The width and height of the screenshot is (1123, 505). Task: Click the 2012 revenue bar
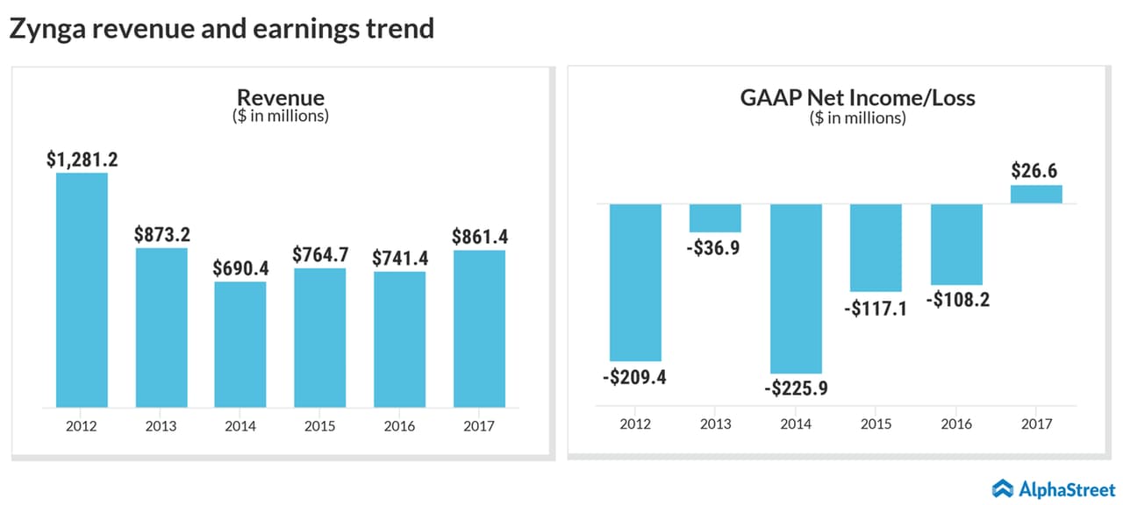(x=82, y=290)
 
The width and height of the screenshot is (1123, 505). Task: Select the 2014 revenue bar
(x=240, y=345)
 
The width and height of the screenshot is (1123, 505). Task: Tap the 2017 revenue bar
(x=479, y=329)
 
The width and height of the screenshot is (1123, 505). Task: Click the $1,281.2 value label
(x=82, y=160)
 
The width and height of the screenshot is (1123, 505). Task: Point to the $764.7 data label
(x=320, y=255)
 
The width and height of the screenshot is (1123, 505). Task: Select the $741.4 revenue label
(x=400, y=258)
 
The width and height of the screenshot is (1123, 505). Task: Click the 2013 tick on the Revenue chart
(x=161, y=426)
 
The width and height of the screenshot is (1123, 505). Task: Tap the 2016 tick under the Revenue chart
(x=400, y=426)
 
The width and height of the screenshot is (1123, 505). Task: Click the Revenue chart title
(x=281, y=97)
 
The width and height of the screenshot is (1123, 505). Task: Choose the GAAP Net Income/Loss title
(x=857, y=97)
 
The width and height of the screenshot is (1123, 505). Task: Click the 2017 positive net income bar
(x=1036, y=194)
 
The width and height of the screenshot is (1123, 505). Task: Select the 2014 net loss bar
(x=796, y=288)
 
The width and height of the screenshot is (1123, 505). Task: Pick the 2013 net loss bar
(x=715, y=217)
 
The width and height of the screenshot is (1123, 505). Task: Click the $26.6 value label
(x=1036, y=170)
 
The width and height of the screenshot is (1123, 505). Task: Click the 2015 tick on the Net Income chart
(x=876, y=424)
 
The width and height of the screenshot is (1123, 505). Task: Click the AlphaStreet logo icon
(x=1003, y=487)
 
